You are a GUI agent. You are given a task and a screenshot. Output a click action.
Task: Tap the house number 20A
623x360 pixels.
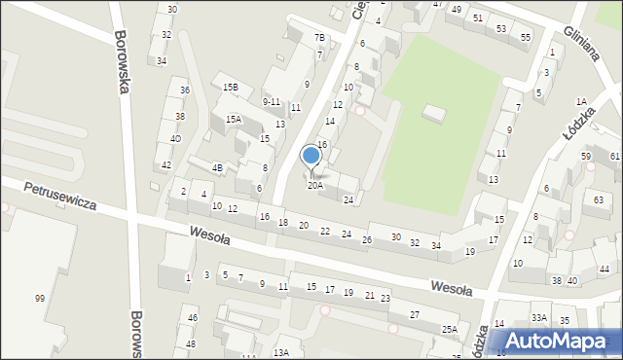[x=315, y=185]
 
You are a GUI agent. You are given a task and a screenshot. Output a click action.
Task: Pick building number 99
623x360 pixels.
[x=40, y=298]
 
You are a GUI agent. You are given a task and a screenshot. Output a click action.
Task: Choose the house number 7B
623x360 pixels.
[x=319, y=38]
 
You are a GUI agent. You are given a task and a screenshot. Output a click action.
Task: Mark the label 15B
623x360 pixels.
[x=230, y=88]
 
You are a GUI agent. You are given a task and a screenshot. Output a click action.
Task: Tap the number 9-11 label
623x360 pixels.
[x=272, y=101]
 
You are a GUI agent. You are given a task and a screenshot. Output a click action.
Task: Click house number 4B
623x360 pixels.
[x=218, y=167]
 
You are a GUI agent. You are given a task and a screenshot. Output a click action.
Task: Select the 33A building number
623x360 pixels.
[x=538, y=318]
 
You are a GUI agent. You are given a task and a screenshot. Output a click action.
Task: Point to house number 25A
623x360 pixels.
[x=449, y=330]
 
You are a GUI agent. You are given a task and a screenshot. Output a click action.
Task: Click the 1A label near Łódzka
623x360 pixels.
[x=581, y=101]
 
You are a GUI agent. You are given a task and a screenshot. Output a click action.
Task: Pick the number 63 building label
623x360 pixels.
[x=599, y=199]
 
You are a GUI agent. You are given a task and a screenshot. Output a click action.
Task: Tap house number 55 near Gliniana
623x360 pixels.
[x=526, y=37]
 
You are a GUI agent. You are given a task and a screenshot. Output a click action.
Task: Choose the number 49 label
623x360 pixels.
[x=456, y=9]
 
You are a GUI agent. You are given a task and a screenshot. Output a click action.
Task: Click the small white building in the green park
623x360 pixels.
[x=433, y=115]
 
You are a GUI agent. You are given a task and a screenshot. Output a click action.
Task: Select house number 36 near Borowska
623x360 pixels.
[x=184, y=90]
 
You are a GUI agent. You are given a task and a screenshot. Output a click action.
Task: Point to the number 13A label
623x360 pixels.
[x=280, y=352]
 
